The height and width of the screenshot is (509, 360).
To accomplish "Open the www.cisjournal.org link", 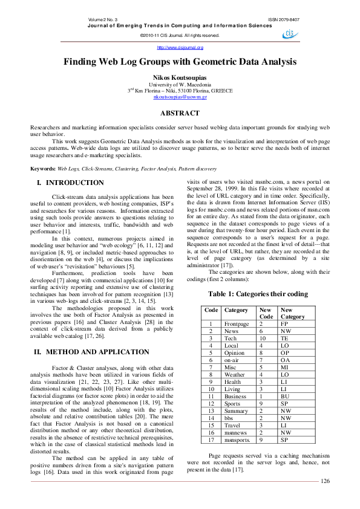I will tap(180, 47).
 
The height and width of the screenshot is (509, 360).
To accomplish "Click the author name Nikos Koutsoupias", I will tap(180, 78).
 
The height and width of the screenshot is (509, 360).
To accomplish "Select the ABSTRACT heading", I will tap(180, 114).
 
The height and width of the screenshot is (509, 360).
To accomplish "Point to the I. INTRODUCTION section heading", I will tap(70, 183).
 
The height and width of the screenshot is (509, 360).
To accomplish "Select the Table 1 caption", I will tap(258, 294).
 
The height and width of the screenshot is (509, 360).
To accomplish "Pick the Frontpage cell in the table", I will tap(237, 324).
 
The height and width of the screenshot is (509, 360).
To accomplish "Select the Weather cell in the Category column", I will tap(235, 375).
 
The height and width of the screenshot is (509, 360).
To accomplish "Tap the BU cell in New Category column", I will tap(284, 397).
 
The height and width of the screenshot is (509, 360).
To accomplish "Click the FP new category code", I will tap(284, 324).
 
